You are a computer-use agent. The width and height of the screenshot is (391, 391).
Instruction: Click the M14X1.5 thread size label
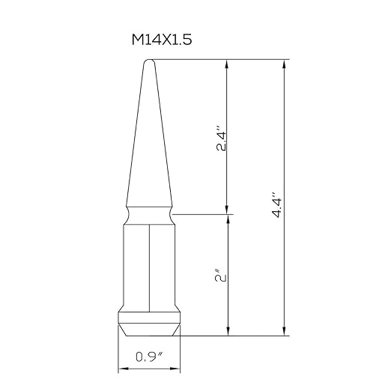coord(162,40)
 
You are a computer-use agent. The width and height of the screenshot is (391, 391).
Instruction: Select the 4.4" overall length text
coord(277,205)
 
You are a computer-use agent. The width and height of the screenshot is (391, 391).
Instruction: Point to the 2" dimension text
coord(221,276)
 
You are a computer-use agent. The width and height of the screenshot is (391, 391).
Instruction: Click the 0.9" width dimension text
coord(149,357)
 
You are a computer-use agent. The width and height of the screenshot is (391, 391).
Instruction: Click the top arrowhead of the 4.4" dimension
coord(284,64)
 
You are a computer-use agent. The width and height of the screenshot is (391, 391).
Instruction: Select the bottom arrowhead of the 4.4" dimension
coord(284,331)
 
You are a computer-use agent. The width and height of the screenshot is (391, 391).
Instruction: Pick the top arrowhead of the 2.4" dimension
coord(227,64)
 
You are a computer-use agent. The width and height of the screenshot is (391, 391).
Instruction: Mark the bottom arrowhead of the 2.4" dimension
coord(227,210)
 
